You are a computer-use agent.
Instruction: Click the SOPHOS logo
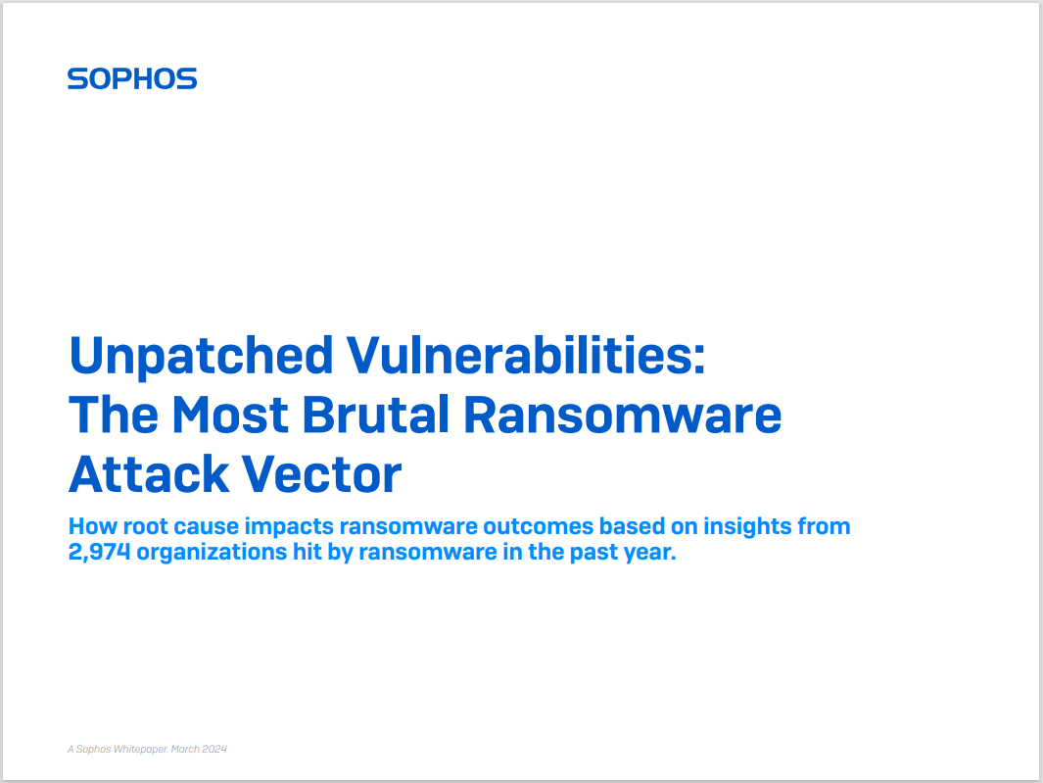[132, 78]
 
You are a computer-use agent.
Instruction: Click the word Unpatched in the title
[201, 357]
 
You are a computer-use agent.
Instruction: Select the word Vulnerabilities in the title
[526, 355]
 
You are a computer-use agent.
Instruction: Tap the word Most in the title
[230, 415]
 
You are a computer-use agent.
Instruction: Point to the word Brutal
[376, 415]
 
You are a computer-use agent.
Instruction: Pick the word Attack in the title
[149, 474]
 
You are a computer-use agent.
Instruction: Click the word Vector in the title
[321, 474]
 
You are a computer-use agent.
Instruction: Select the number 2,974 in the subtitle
[99, 552]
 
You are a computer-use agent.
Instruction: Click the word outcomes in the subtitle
[538, 526]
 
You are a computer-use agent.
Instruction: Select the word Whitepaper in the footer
[140, 749]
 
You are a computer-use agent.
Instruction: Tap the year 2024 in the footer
[214, 749]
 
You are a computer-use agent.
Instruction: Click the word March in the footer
[185, 749]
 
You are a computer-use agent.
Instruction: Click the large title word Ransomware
[622, 415]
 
